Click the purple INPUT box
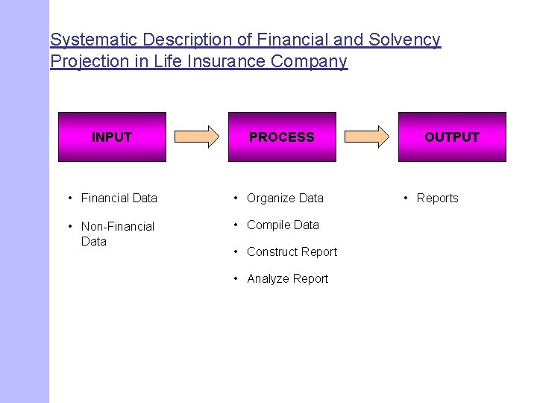tap(112, 137)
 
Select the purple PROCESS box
tap(282, 137)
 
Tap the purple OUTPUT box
tap(452, 137)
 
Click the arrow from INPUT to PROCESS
tap(197, 136)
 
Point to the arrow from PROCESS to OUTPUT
tap(367, 136)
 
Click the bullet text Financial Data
tap(119, 198)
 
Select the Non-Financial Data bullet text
tap(117, 234)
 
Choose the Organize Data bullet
tap(285, 198)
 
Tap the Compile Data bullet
tap(283, 225)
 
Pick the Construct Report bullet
tap(292, 252)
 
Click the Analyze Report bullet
tap(287, 278)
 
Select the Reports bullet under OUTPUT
tap(437, 198)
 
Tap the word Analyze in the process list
tap(268, 278)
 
